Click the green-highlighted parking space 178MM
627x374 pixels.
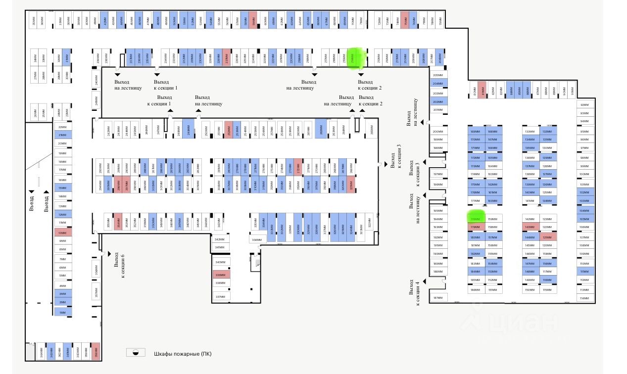point(475,219)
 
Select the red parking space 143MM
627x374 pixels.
point(530,227)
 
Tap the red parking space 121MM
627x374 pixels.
point(547,236)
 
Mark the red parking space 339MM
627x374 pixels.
point(220,275)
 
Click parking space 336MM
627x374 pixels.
point(256,239)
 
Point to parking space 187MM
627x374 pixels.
point(437,298)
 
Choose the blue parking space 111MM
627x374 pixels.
point(584,272)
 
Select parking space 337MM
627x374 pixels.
point(220,297)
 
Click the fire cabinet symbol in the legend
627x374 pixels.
point(135,353)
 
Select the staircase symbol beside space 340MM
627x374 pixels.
point(256,261)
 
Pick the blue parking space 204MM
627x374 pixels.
point(437,84)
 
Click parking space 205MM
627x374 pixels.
point(437,75)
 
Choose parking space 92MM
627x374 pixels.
point(584,105)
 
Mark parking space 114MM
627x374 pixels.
point(584,298)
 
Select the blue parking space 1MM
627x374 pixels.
point(62,313)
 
